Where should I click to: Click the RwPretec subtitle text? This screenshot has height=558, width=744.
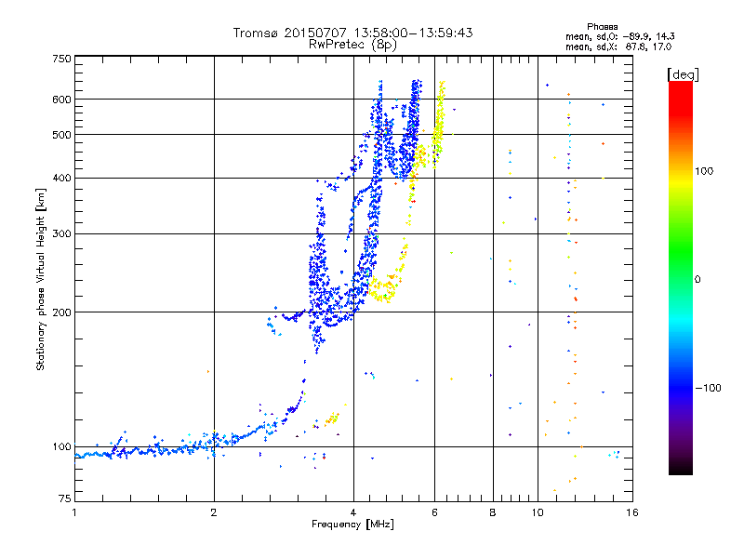click(x=336, y=45)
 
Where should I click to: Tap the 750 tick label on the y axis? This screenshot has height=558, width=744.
click(x=61, y=59)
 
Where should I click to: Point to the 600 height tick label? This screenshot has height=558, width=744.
click(x=61, y=100)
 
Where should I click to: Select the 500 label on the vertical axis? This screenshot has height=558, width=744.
click(x=61, y=135)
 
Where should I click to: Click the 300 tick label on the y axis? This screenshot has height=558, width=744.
click(x=61, y=234)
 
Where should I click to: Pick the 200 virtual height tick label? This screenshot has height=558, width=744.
click(x=61, y=312)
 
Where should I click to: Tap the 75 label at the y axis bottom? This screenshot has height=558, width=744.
click(x=65, y=498)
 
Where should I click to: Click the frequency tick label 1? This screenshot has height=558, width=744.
click(x=74, y=512)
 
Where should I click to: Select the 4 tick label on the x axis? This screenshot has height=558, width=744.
click(x=353, y=512)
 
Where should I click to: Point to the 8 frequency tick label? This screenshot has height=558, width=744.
click(x=493, y=512)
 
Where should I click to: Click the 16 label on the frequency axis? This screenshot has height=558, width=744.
click(x=632, y=512)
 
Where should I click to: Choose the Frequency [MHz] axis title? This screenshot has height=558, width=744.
click(x=352, y=525)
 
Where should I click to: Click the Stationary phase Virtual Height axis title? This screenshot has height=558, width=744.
click(x=40, y=279)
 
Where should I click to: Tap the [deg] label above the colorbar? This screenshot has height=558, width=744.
click(x=683, y=74)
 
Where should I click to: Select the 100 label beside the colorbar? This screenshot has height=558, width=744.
click(x=704, y=171)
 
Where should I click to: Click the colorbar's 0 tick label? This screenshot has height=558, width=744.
click(x=697, y=280)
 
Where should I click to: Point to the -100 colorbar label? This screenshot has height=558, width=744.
click(x=708, y=388)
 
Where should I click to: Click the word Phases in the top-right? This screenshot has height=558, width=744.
click(x=602, y=27)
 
